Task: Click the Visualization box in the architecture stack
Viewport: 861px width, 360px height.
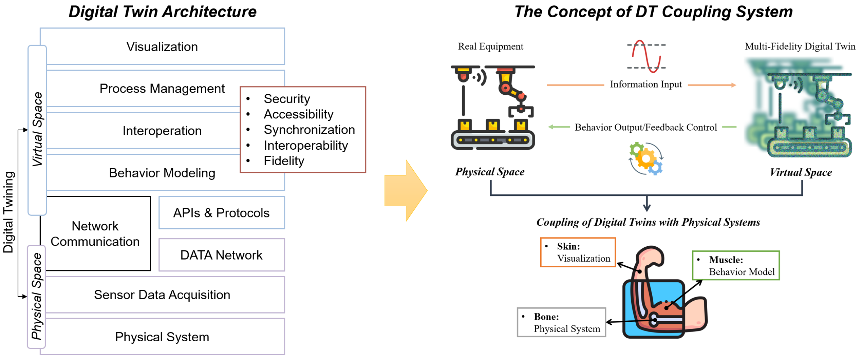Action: point(162,46)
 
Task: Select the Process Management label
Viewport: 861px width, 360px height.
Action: point(162,89)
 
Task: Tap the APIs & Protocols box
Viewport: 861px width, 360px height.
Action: point(222,213)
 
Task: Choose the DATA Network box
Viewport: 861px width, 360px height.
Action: point(222,255)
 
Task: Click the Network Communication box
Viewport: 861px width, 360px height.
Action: point(97,234)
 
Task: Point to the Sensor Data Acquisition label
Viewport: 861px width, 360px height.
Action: point(162,295)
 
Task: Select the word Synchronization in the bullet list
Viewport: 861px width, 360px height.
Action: point(309,130)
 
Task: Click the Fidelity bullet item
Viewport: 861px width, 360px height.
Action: point(284,161)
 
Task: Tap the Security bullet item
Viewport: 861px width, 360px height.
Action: point(287,99)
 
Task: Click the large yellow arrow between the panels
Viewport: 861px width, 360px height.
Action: point(406,190)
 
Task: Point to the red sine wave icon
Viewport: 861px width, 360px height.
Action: point(646,56)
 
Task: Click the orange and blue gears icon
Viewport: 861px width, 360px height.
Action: point(646,159)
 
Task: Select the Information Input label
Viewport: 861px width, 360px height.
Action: point(646,84)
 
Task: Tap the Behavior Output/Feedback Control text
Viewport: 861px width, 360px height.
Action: point(646,127)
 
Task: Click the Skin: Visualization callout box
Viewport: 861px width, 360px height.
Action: point(578,252)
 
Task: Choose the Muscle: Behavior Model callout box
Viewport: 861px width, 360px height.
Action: point(736,266)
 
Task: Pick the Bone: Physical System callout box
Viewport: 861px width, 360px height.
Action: point(562,323)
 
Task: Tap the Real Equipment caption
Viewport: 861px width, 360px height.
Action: point(491,46)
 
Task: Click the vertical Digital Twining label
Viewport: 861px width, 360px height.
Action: point(8,212)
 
